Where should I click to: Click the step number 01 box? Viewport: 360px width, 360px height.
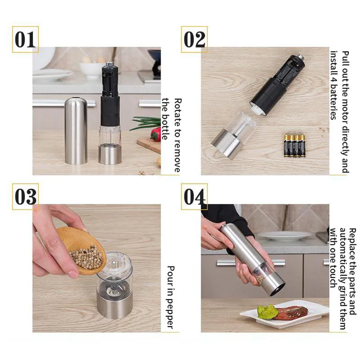25,39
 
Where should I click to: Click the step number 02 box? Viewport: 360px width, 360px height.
194,39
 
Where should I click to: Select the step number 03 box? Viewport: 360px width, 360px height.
25,197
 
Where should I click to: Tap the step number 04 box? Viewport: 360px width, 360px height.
194,197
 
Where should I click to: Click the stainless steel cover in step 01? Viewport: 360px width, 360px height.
76,130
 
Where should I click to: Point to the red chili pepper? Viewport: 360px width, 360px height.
156,134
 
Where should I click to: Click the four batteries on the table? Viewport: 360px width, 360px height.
294,145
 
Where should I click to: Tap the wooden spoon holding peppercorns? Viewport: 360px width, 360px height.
81,250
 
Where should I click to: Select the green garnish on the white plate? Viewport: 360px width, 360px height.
267,312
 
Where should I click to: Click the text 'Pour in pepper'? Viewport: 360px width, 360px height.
170,297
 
